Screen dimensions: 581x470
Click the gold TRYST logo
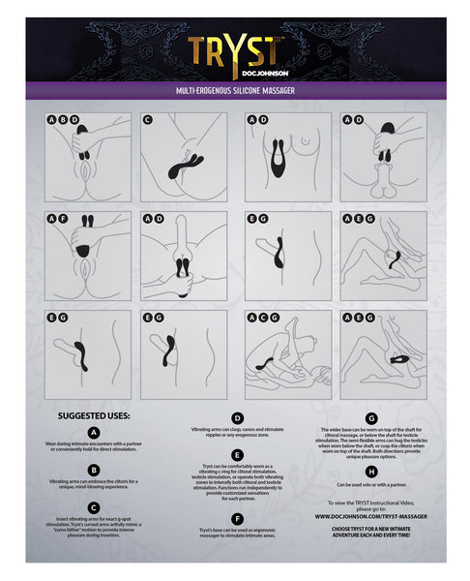click(x=235, y=49)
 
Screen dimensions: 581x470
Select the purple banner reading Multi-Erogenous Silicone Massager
click(x=235, y=90)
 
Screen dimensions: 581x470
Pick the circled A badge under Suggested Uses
click(x=93, y=433)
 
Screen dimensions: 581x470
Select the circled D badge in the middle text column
click(x=237, y=417)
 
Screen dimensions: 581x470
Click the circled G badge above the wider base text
click(x=371, y=416)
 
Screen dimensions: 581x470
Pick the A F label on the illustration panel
click(x=58, y=219)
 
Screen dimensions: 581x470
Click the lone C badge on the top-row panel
click(x=148, y=120)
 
